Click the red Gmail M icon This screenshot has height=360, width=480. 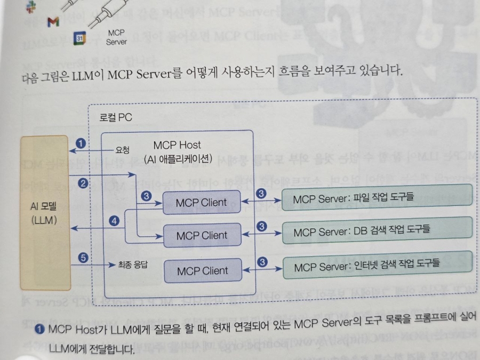coord(52,22)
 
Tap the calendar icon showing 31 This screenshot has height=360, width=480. coord(78,38)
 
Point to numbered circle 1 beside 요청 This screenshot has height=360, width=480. coord(81,143)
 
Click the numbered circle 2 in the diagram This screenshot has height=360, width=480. coord(83,183)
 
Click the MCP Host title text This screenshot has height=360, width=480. coord(177,145)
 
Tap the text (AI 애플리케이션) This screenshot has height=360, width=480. coord(178,158)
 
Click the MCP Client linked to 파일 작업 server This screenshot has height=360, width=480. coord(202,203)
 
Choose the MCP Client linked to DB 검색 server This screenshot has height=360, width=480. coord(202,235)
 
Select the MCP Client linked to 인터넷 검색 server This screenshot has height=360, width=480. coord(202,270)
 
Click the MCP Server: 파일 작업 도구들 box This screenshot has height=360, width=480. coord(377,197)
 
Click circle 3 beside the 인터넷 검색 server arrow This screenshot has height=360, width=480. coord(261,261)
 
